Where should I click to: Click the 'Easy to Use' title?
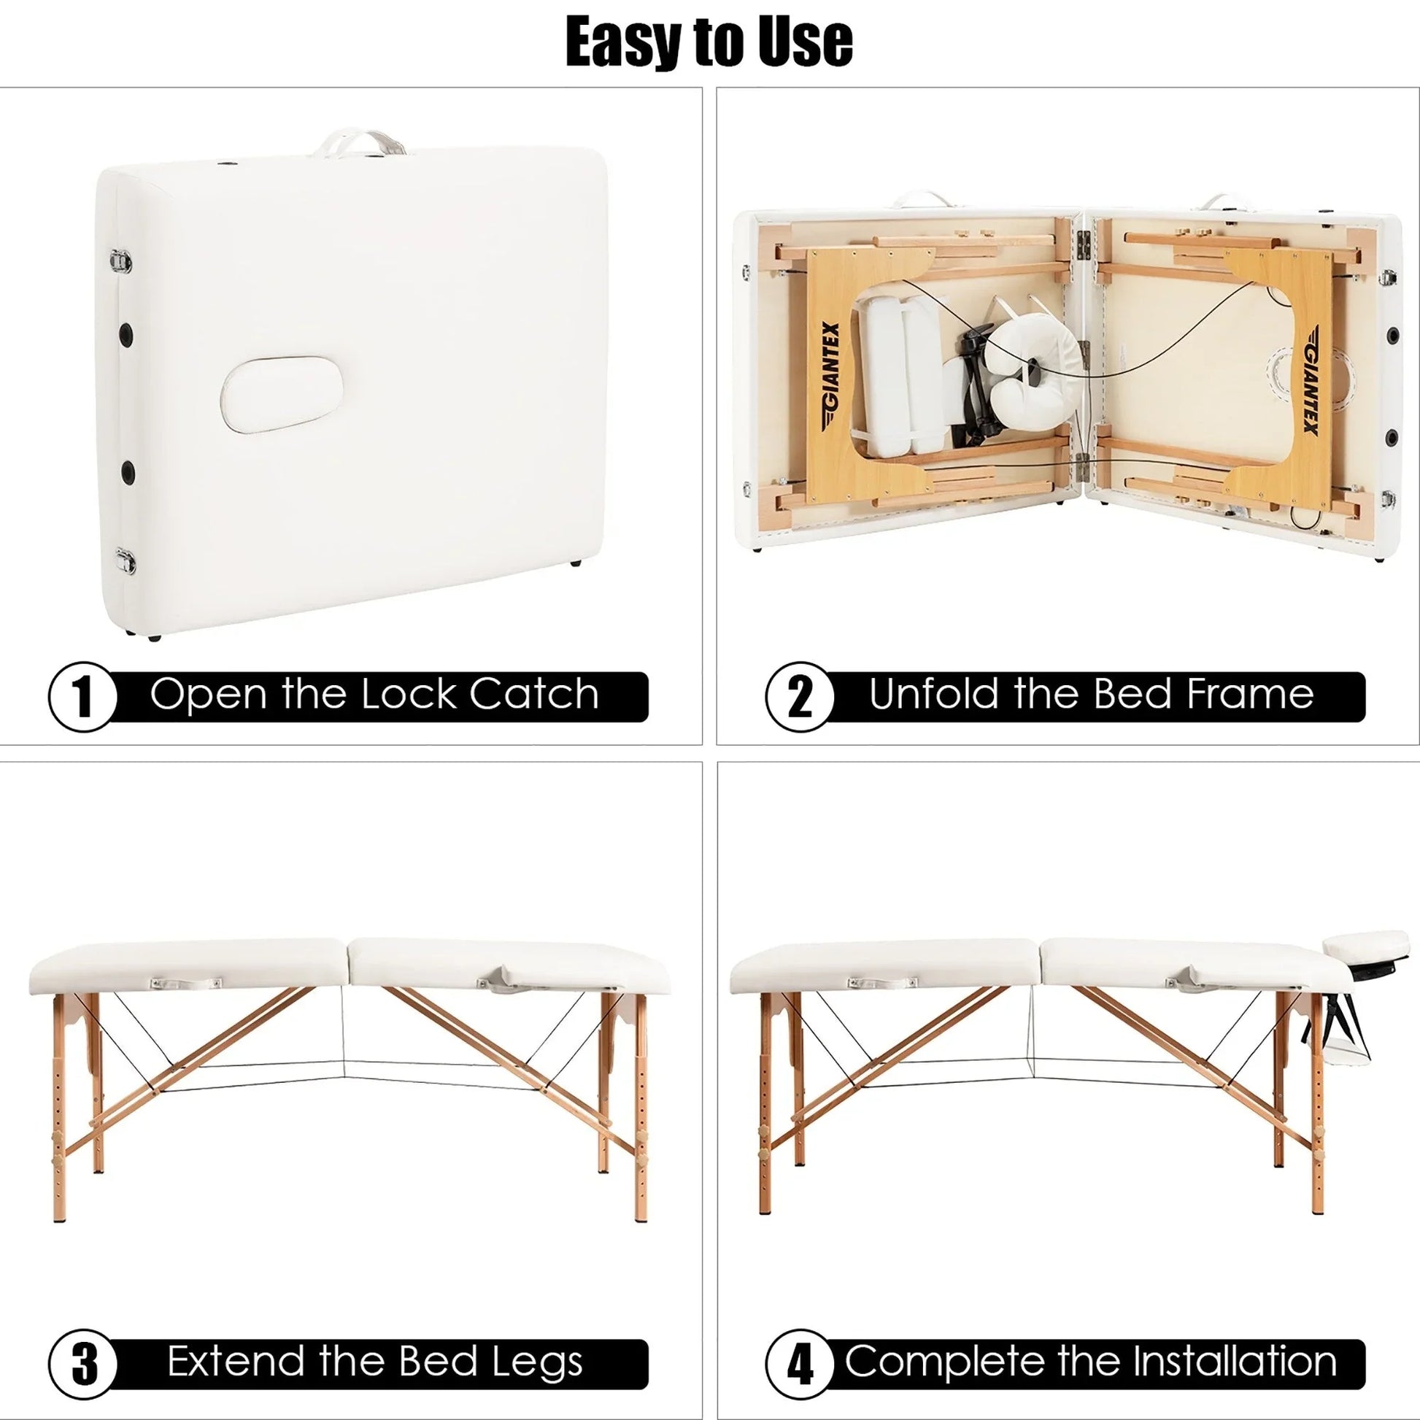click(x=709, y=42)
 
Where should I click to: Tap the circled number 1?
click(x=83, y=697)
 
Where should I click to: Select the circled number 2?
click(x=800, y=697)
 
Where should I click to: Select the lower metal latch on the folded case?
click(x=125, y=560)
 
